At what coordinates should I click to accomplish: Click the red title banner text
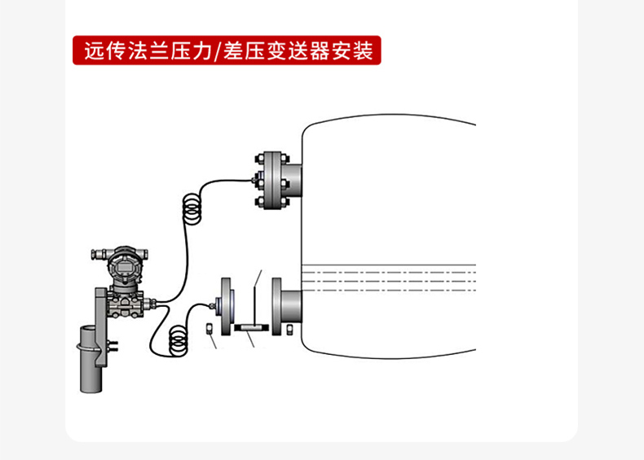(x=227, y=51)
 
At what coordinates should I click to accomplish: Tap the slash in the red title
(x=218, y=51)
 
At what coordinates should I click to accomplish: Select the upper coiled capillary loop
(x=192, y=206)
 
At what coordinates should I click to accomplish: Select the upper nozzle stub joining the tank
(x=293, y=179)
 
